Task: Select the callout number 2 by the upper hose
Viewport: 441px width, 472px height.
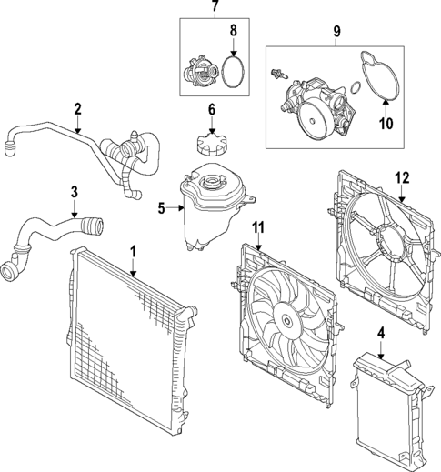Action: pos(78,110)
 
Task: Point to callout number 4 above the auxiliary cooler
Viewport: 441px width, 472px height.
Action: pos(381,332)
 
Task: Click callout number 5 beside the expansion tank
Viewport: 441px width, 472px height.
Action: pos(162,207)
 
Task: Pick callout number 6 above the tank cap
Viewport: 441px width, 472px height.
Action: pos(211,110)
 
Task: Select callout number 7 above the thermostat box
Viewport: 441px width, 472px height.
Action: pos(215,7)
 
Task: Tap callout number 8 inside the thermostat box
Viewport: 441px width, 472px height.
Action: pos(233,32)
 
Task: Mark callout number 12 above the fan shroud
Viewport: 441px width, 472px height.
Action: pos(403,178)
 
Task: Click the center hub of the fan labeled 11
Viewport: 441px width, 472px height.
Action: pos(286,318)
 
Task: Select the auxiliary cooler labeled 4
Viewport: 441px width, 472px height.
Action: pos(386,404)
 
